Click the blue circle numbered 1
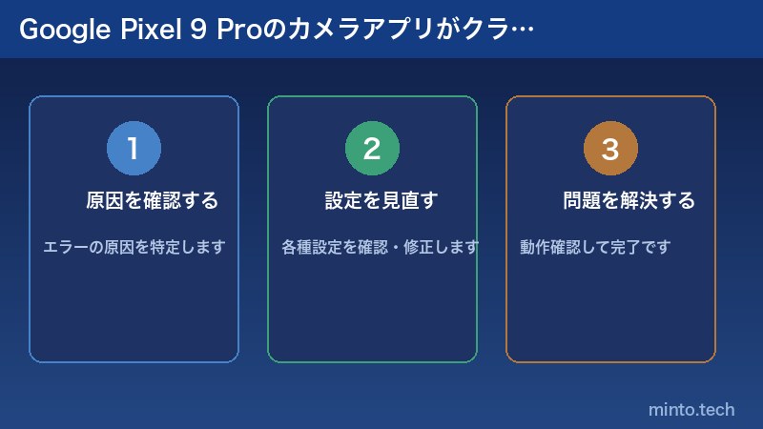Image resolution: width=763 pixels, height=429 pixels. (134, 149)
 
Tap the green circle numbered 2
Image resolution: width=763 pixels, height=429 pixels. (372, 149)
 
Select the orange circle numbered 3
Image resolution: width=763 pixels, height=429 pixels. (610, 149)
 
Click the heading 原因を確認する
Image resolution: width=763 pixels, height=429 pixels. (152, 201)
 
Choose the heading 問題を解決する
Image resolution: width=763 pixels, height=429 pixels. (629, 201)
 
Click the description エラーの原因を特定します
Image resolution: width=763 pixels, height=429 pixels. (134, 248)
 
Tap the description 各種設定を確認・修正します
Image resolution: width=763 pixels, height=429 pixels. (380, 248)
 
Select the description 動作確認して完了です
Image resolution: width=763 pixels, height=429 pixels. (595, 248)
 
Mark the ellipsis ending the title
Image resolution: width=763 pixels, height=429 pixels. (524, 32)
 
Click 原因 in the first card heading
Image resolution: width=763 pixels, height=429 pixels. (103, 201)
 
